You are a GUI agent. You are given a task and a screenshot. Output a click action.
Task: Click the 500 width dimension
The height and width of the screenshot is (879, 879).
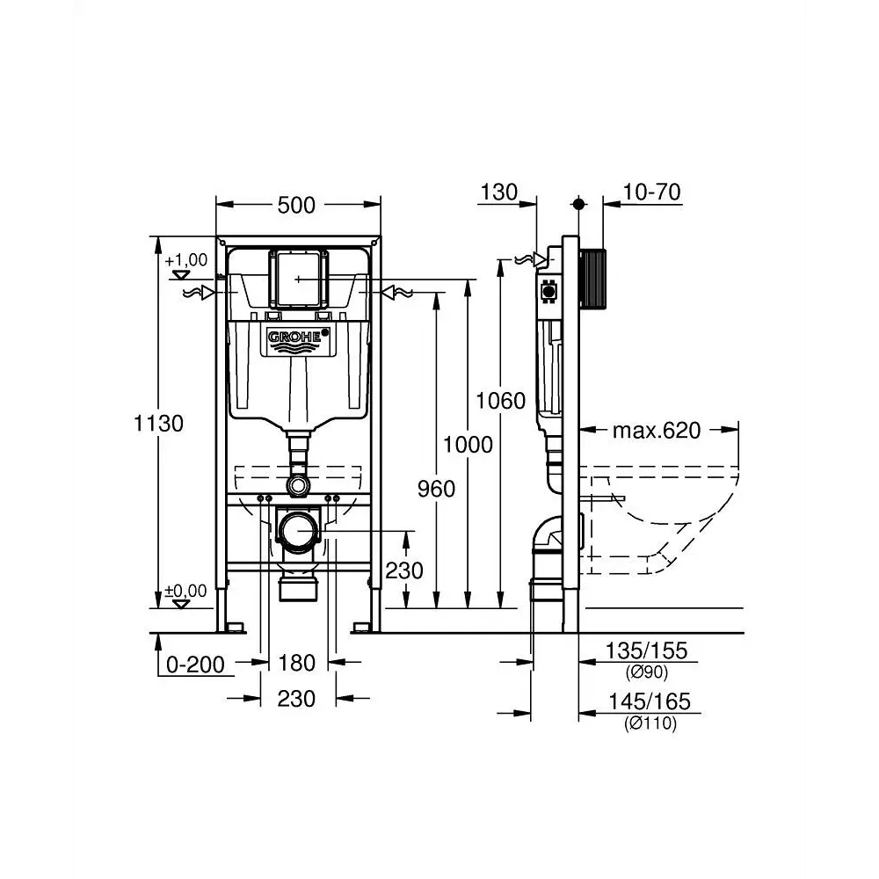pos(296,205)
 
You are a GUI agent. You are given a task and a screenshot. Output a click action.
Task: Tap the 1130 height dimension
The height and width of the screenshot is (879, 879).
pos(158,424)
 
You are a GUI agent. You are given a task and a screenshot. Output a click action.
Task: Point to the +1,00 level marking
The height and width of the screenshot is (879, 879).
pos(186,260)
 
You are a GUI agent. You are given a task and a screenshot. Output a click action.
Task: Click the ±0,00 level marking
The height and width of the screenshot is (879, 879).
pos(185,591)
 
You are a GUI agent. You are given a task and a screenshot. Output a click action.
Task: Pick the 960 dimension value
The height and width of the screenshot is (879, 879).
pos(436,489)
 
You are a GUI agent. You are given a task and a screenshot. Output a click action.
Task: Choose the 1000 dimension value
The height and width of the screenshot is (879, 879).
pos(468,445)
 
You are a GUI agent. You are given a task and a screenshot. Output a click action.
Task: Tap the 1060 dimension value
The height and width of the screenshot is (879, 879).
pos(501,401)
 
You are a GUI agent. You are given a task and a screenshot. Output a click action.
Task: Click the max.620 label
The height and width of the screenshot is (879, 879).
pos(657,431)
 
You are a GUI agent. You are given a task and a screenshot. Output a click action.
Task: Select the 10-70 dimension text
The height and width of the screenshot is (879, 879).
pos(652,193)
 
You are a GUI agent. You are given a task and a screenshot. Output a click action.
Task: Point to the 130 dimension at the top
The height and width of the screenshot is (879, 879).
pos(499,193)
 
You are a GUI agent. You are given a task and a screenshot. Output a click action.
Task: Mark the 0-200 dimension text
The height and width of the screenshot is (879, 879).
pos(195,665)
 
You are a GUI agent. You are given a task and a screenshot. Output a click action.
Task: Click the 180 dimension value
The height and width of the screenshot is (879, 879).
pos(296,663)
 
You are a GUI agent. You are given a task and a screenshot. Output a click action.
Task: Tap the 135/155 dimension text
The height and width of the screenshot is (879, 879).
pos(646,650)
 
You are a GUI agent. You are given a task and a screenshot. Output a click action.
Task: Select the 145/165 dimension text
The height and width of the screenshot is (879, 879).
pos(650,701)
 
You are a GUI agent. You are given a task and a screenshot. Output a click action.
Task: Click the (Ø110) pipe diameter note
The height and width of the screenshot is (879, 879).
pos(650,723)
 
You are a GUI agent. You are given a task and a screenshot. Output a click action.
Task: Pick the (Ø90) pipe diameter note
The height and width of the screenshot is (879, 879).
pos(647,672)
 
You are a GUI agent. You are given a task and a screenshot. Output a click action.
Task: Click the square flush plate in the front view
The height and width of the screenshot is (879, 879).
pos(298,280)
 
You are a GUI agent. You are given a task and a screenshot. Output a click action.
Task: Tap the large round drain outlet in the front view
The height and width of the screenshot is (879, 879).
pos(298,531)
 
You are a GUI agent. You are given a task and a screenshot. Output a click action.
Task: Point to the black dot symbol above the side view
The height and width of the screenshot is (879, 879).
pos(579,204)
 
